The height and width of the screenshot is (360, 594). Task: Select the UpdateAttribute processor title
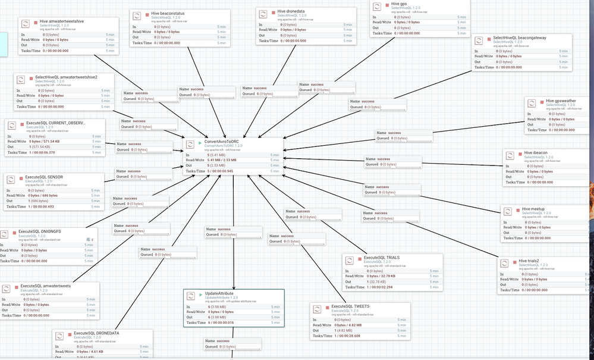click(219, 294)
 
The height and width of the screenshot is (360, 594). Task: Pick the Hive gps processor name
click(399, 4)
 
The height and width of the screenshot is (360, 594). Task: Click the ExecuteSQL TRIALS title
click(381, 258)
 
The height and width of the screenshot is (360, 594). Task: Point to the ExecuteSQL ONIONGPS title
click(40, 231)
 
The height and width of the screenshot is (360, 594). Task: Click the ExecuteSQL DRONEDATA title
click(95, 333)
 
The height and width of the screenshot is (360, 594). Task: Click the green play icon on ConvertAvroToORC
click(200, 143)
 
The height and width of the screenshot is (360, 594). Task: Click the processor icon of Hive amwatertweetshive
click(26, 24)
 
